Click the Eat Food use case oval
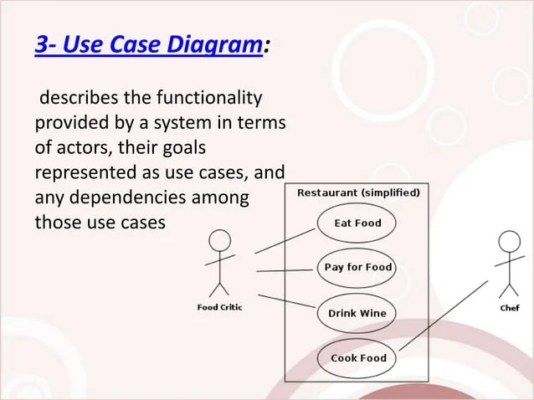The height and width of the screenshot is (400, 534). click(x=357, y=223)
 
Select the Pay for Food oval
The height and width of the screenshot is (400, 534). click(x=358, y=268)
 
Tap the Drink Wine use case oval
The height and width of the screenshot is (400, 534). click(x=357, y=313)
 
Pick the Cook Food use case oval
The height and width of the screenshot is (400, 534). click(x=358, y=358)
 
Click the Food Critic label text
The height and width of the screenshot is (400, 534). click(x=219, y=307)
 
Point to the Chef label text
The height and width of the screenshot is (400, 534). click(x=509, y=308)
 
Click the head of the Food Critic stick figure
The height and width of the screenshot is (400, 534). click(x=219, y=241)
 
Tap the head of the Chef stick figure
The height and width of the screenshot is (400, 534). click(x=509, y=242)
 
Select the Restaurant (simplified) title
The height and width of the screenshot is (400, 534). click(x=358, y=192)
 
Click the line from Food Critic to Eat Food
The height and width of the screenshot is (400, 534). click(x=285, y=240)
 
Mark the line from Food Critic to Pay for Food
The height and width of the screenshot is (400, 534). click(x=285, y=270)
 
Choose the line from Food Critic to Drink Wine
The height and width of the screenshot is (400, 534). click(x=285, y=301)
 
